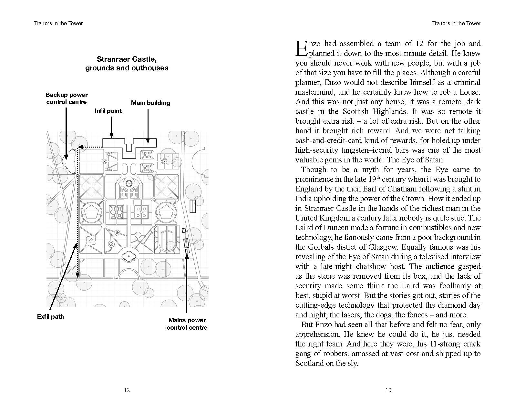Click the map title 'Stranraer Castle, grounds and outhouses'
point(127,64)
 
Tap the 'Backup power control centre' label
point(67,98)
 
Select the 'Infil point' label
point(108,111)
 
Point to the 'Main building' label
point(150,103)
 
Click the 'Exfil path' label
point(50,316)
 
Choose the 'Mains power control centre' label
point(187,324)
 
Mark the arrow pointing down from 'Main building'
point(148,126)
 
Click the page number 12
point(127,390)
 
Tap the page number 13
point(388,390)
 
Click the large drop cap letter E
point(301,48)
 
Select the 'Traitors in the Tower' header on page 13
point(456,23)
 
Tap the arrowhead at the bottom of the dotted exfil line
point(77,275)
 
